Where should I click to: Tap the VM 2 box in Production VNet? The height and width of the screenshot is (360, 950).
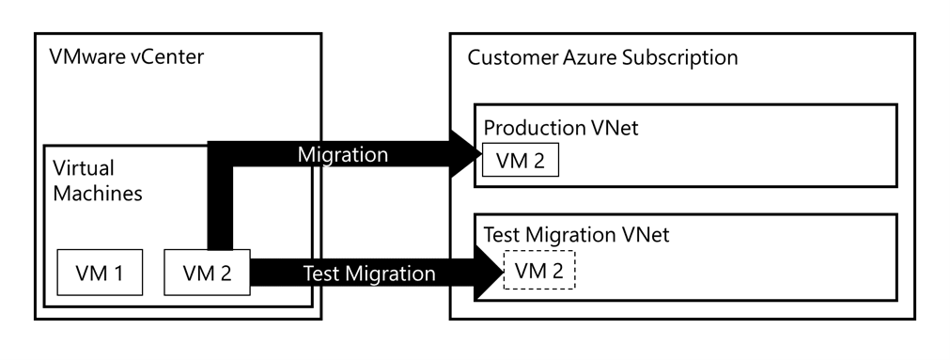pyautogui.click(x=520, y=161)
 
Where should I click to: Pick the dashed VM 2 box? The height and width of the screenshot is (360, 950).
pyautogui.click(x=539, y=271)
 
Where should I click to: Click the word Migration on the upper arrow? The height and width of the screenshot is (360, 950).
pyautogui.click(x=342, y=155)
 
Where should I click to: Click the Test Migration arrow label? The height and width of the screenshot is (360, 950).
pyautogui.click(x=369, y=274)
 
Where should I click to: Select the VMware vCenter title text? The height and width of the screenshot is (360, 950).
pyautogui.click(x=126, y=57)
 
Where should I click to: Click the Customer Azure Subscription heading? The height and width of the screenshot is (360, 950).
pyautogui.click(x=602, y=57)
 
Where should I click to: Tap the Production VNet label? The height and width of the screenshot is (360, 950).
pyautogui.click(x=560, y=127)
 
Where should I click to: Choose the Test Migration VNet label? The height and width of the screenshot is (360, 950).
pyautogui.click(x=576, y=235)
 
